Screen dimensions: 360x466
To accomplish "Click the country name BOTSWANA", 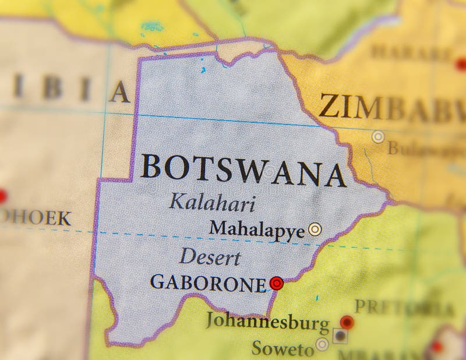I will point(243,170).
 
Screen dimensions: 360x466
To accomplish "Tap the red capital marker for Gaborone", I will point(277,284).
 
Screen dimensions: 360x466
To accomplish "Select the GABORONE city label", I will point(208,283).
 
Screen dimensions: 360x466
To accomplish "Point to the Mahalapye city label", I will point(257,229).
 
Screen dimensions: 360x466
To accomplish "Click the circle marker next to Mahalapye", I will point(315,229).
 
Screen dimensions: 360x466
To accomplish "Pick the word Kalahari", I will point(212,203).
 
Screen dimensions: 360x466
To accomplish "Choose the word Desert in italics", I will point(210,256).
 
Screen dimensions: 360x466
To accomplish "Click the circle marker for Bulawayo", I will point(379,137).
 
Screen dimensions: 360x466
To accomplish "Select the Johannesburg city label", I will point(267,322).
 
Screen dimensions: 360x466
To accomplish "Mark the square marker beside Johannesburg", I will point(340,336).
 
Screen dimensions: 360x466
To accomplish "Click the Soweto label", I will point(283,348).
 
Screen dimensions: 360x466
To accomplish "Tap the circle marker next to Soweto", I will point(322,344).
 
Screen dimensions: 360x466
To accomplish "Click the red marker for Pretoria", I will point(347,322).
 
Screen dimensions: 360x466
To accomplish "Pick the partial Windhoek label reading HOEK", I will point(35,219).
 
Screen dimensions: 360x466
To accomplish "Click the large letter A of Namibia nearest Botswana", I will point(119,92).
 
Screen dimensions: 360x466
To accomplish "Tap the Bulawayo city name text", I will point(426,149).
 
